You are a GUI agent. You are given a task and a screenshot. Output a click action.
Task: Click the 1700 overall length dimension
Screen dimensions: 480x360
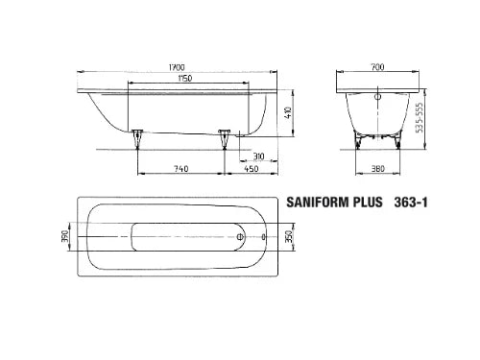tap(177, 67)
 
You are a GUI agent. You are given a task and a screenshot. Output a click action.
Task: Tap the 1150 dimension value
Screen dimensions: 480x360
tap(185, 78)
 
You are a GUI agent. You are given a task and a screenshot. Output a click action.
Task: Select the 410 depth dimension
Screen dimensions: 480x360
tap(288, 113)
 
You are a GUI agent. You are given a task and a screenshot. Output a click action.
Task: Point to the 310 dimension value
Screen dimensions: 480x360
tap(258, 156)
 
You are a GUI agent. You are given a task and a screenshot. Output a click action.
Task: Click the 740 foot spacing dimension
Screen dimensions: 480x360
tap(181, 168)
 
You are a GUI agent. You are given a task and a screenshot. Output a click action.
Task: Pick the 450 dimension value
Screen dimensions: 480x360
tap(252, 168)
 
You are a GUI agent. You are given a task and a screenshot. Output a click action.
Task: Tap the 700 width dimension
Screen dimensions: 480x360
tap(377, 67)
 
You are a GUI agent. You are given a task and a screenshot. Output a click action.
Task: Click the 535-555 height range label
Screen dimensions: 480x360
tap(420, 117)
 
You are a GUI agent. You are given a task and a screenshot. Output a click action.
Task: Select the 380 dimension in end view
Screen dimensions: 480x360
tap(377, 168)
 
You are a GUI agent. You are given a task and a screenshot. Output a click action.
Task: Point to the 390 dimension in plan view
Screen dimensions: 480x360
tap(65, 236)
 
